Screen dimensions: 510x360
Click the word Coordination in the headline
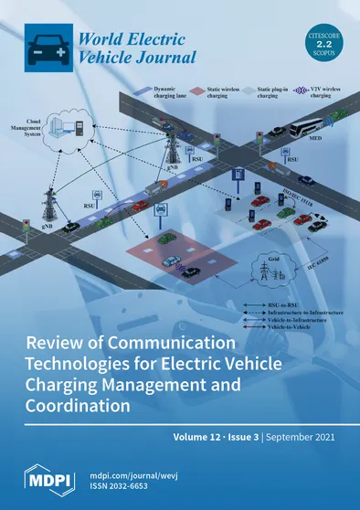[85, 403]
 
